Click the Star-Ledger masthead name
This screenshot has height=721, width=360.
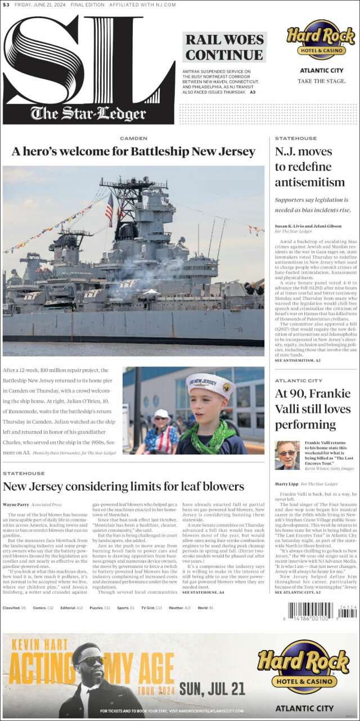pos(88,113)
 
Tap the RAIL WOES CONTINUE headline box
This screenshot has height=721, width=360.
pos(224,47)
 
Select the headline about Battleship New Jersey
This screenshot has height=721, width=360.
pos(134,151)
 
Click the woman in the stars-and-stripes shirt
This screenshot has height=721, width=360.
pos(160,433)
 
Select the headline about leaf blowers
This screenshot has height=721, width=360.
pos(124,486)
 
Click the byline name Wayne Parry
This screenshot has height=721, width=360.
pos(16,504)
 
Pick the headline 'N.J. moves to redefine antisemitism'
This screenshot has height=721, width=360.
pos(310,167)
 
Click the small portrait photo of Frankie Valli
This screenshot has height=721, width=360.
pos(287,455)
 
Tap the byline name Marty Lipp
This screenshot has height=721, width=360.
pos(286,484)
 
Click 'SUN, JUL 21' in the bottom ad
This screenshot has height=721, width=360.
pos(212,688)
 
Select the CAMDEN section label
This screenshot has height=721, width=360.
pos(134,138)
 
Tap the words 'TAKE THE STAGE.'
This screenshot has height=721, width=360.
pos(321,81)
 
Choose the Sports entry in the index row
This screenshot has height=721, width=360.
pos(124,608)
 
